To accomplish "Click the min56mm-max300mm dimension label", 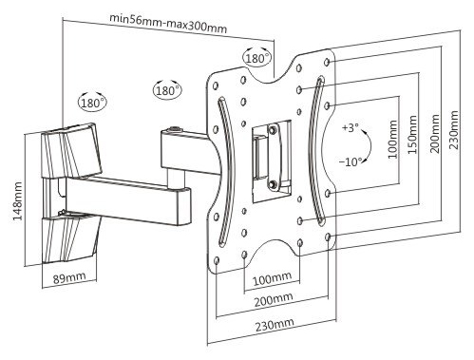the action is click(x=168, y=23).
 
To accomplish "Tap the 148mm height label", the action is click(x=16, y=201).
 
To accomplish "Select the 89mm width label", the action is click(x=69, y=277).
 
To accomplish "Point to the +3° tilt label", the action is click(x=351, y=128).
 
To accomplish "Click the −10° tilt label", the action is click(x=351, y=162).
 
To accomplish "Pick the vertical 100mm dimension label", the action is click(x=392, y=140).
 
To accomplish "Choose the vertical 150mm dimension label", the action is click(x=411, y=135).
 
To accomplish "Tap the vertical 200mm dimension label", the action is click(x=434, y=134).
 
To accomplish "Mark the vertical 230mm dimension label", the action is click(x=454, y=130).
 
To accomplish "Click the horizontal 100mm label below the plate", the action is click(x=272, y=278).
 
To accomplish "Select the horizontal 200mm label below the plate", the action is click(x=274, y=299).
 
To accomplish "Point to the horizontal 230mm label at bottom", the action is click(x=275, y=324).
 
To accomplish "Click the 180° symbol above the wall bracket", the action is click(x=92, y=103).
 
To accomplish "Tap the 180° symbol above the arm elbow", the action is click(x=168, y=90).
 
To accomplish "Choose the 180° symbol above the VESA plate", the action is click(x=257, y=58).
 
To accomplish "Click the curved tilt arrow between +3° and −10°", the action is click(x=369, y=145).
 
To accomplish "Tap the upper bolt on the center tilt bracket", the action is click(x=273, y=129).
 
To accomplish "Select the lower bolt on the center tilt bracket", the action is click(x=273, y=184).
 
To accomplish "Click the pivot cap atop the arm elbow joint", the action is click(x=174, y=129).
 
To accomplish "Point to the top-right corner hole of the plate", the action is click(x=328, y=62).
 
